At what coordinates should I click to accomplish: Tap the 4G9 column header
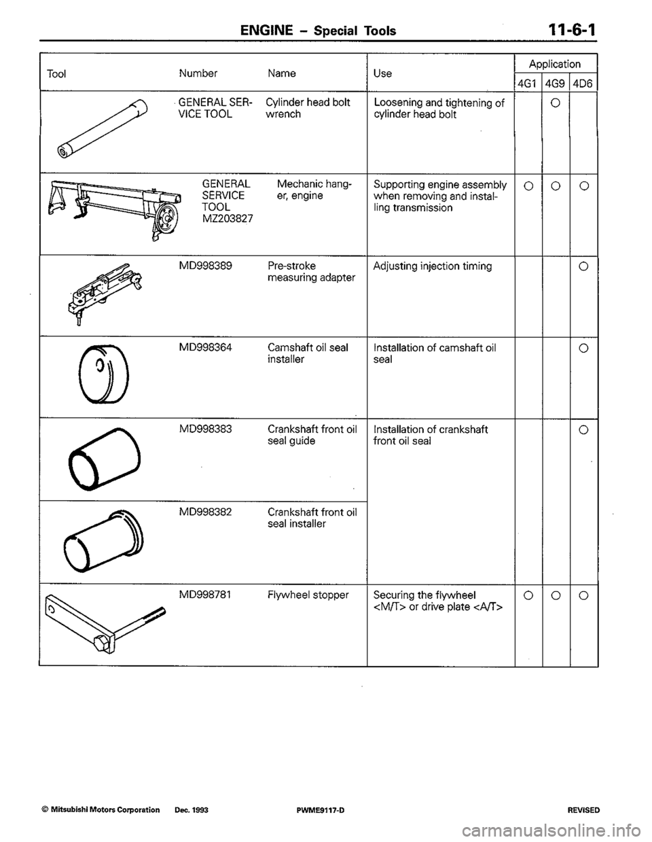[x=556, y=84]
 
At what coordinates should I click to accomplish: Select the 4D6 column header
[x=583, y=84]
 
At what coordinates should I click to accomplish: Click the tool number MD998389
[x=206, y=266]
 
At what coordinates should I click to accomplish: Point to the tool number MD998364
[x=206, y=347]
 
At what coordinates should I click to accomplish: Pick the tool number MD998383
[x=206, y=429]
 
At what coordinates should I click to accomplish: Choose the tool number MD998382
[x=206, y=512]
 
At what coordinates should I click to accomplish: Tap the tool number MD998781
[x=205, y=595]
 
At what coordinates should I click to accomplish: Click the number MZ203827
[x=228, y=219]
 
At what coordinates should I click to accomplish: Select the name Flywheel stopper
[x=308, y=595]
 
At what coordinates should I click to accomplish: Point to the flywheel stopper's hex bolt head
[x=101, y=645]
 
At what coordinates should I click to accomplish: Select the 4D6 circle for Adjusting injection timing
[x=584, y=266]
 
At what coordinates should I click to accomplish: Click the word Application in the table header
[x=555, y=64]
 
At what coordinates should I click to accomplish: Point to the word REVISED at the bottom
[x=583, y=810]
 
